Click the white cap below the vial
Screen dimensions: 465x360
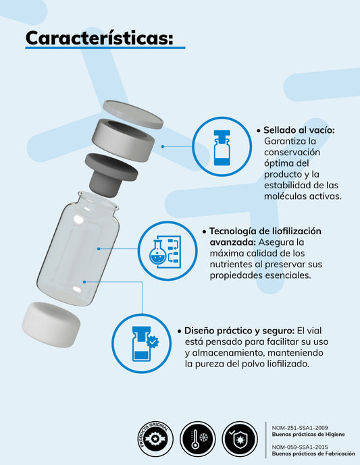pos(52,326)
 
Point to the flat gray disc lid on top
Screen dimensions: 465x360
pos(132,114)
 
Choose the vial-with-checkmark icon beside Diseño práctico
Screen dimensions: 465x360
pos(140,344)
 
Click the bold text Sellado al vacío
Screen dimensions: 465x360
pos(299,130)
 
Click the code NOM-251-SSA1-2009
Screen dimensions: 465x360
pos(301,427)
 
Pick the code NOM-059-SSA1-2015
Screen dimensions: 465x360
pos(301,446)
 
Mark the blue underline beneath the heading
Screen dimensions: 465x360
pos(105,49)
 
